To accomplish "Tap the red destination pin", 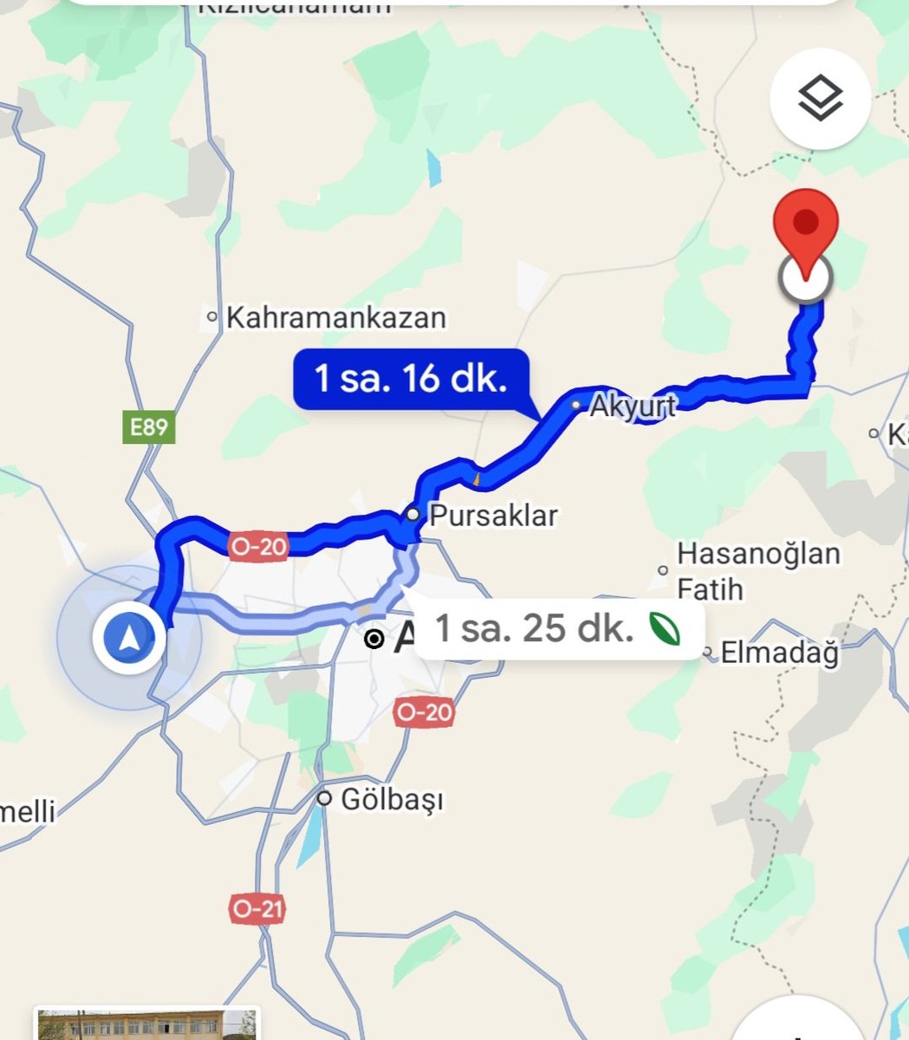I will (x=806, y=223).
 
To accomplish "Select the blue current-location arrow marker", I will (x=129, y=639).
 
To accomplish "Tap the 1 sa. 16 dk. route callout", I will (x=410, y=379).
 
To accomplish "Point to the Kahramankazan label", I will (x=335, y=317).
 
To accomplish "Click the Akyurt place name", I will (x=633, y=406).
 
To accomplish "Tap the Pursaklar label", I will (x=493, y=516).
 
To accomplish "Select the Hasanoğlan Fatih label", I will (x=757, y=571).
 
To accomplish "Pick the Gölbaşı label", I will (x=392, y=799).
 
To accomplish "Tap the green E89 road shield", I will (x=149, y=427).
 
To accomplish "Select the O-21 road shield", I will (x=258, y=908).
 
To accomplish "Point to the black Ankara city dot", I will (x=374, y=640).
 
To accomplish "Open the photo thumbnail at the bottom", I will (x=147, y=1024).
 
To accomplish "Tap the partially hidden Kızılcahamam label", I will (x=295, y=7).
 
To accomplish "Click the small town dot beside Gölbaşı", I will (x=324, y=798).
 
